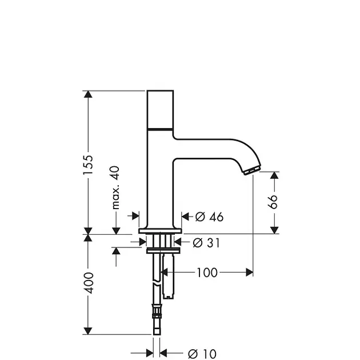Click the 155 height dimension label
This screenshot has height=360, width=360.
[89, 165]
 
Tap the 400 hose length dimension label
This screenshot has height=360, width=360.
[89, 283]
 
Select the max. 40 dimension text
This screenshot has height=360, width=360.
[115, 187]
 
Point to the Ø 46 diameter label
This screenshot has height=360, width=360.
[209, 217]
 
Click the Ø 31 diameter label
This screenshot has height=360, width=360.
[206, 243]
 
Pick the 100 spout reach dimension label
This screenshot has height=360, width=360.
[207, 273]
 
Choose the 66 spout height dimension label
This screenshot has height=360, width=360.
[273, 202]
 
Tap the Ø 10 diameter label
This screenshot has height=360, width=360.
[202, 354]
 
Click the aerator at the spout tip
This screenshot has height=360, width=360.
[252, 171]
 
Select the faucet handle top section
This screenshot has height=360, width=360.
[160, 110]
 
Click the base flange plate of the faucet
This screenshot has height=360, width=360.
[160, 231]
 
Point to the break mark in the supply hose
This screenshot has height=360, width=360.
[157, 283]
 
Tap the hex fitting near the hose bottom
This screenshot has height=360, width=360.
[157, 311]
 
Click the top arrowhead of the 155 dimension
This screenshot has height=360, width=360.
[88, 94]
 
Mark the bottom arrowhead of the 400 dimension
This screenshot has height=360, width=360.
[88, 331]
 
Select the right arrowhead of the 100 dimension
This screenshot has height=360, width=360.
[249, 273]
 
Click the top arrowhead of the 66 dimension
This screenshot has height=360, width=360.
[274, 175]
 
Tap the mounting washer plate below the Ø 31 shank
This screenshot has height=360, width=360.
[163, 251]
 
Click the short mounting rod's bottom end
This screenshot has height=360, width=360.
[169, 298]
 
